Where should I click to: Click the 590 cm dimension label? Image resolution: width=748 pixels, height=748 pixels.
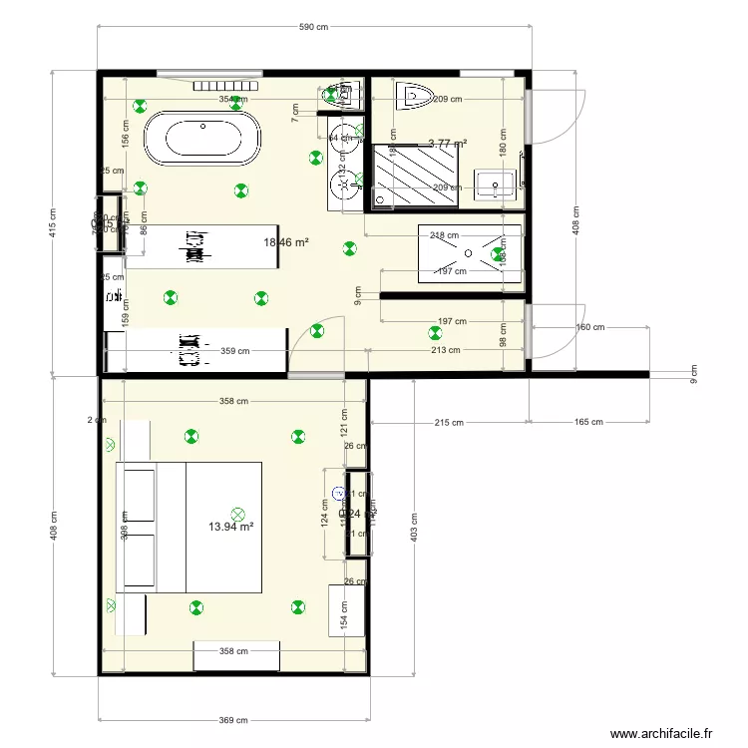[313, 27]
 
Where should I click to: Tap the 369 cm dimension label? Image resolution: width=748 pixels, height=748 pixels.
[233, 719]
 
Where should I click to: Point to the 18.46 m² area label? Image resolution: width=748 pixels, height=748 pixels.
[285, 242]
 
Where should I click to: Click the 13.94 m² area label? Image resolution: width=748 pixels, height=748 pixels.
[230, 527]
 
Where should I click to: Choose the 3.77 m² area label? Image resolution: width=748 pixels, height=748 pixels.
[447, 144]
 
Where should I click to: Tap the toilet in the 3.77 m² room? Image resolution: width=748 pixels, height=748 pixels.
[413, 98]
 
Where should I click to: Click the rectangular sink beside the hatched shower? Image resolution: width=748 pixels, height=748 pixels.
[493, 184]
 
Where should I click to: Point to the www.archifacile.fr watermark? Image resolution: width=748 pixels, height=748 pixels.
[661, 733]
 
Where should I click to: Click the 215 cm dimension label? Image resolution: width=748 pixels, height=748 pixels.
[449, 422]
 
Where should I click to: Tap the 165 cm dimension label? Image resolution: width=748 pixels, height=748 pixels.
[588, 422]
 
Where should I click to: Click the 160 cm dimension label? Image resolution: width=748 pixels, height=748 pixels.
[590, 327]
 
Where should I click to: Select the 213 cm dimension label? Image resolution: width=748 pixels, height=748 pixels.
[446, 350]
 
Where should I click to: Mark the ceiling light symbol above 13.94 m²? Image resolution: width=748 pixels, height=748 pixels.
[237, 506]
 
